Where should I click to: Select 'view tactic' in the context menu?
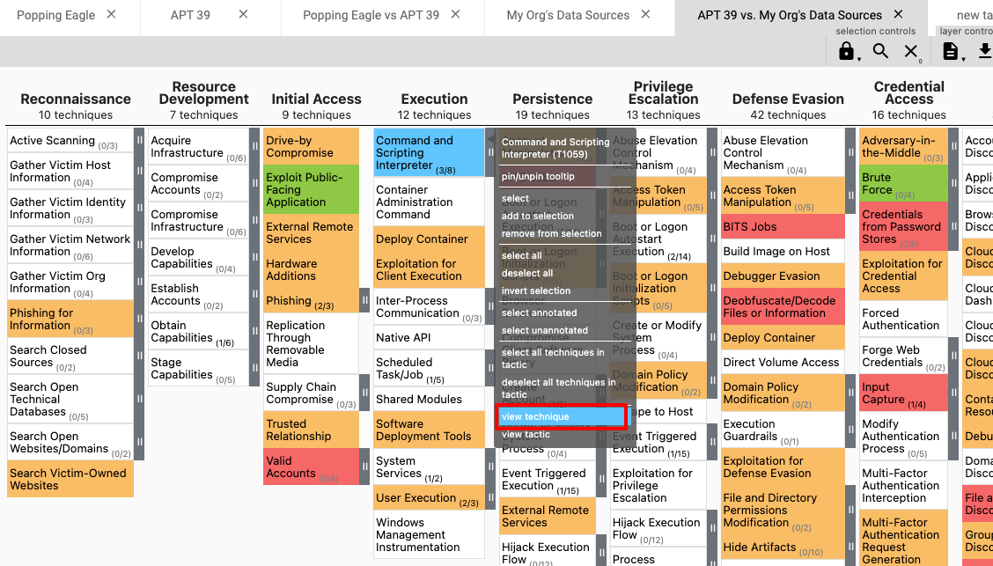(x=526, y=435)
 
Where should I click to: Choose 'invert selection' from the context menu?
(x=536, y=290)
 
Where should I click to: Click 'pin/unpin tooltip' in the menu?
(x=538, y=177)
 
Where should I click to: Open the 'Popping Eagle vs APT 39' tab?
(x=371, y=15)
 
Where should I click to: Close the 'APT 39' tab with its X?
(x=244, y=14)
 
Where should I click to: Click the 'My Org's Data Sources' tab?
(x=568, y=15)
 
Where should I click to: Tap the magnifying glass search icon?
(x=880, y=51)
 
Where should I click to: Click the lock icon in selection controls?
(x=846, y=52)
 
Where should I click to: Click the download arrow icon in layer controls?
(x=984, y=51)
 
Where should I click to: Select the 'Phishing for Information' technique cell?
(x=70, y=319)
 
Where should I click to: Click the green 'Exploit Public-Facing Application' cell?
(x=311, y=189)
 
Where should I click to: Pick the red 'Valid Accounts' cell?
(x=311, y=467)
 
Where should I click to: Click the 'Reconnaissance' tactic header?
(x=76, y=99)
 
